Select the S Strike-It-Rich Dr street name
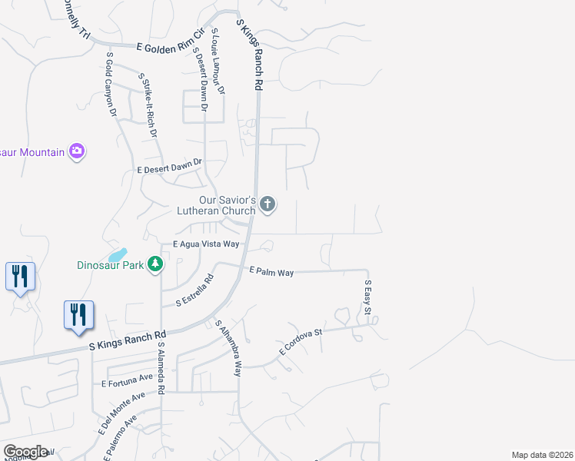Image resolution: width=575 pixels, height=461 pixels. [x=148, y=104]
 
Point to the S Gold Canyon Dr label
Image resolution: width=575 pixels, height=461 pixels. [x=111, y=85]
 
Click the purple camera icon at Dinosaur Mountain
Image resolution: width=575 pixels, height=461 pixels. [x=76, y=151]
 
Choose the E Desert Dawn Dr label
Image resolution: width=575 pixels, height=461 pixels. [x=169, y=166]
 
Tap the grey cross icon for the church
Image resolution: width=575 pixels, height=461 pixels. [x=267, y=204]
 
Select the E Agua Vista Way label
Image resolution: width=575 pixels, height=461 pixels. [x=206, y=244]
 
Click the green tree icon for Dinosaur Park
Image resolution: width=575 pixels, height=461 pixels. [x=155, y=264]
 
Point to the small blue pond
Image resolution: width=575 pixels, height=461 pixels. [x=117, y=254]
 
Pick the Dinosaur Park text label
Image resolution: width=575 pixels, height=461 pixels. [x=111, y=266]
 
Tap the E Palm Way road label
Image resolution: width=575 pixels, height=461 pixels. [x=271, y=271]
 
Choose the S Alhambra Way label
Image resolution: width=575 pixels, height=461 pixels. [x=229, y=347]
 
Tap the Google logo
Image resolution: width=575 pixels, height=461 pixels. [x=25, y=452]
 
